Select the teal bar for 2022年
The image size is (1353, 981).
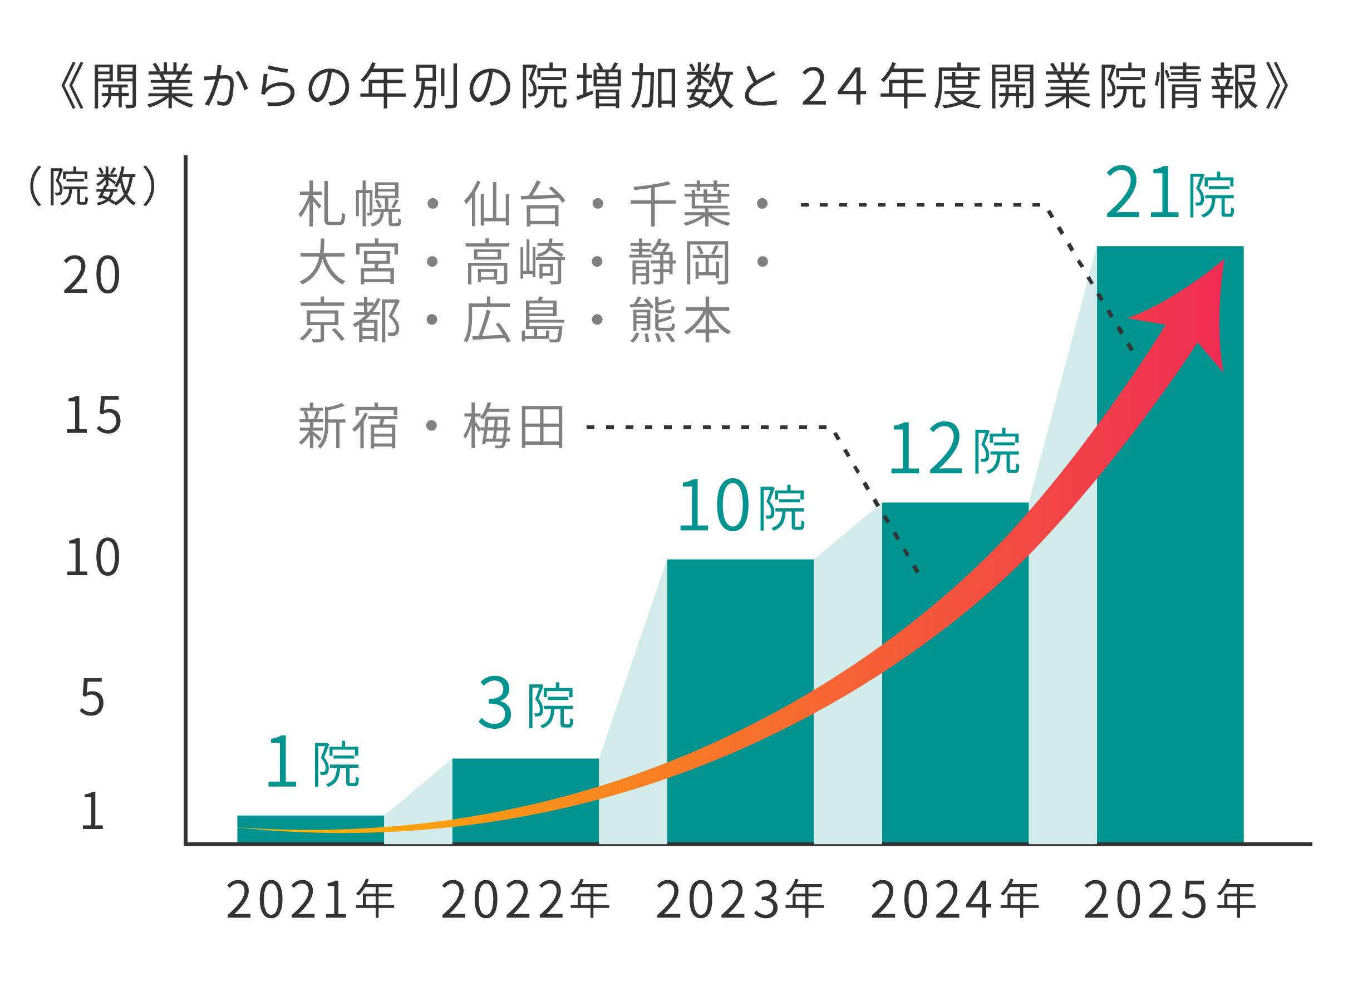(x=525, y=776)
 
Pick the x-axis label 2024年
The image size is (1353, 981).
(x=955, y=899)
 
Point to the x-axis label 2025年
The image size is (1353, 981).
(x=1169, y=899)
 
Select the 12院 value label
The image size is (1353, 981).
(x=954, y=449)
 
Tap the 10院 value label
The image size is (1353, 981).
(x=741, y=506)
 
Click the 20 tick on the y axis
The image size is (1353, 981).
(x=92, y=276)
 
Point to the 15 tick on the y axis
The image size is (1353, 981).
(x=92, y=416)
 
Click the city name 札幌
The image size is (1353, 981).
(x=350, y=204)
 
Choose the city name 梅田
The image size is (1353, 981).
(x=514, y=426)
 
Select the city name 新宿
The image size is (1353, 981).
(x=348, y=426)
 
